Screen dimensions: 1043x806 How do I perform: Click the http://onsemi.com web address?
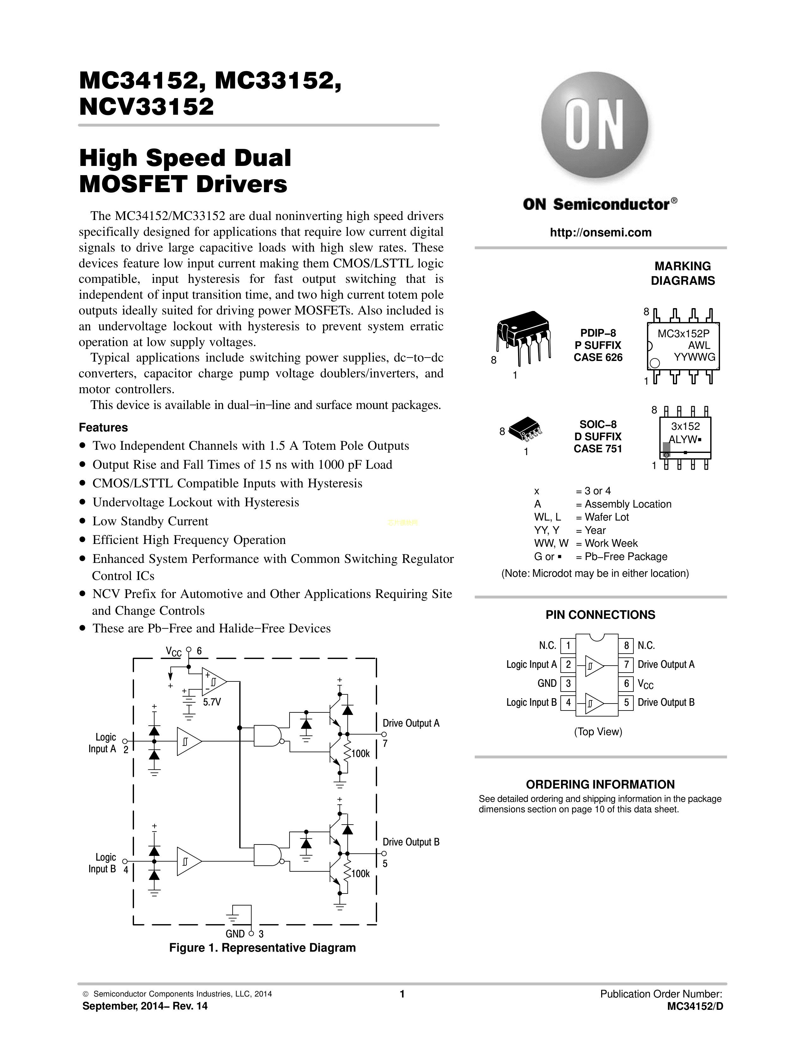click(x=600, y=233)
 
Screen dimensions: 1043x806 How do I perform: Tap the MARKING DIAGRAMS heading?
click(x=682, y=273)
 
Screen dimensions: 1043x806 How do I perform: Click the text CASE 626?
click(x=598, y=357)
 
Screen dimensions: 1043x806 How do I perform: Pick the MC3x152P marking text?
click(x=683, y=334)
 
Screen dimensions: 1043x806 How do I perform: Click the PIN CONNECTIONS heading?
click(x=600, y=615)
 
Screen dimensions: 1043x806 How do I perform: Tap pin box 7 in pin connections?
click(x=626, y=664)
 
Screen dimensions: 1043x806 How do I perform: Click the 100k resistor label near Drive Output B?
click(x=361, y=874)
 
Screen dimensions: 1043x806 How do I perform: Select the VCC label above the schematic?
click(x=173, y=651)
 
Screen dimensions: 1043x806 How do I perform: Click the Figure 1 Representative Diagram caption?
click(x=262, y=948)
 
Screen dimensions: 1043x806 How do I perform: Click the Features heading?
click(x=103, y=427)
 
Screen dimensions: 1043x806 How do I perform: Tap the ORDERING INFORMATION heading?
click(x=600, y=785)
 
